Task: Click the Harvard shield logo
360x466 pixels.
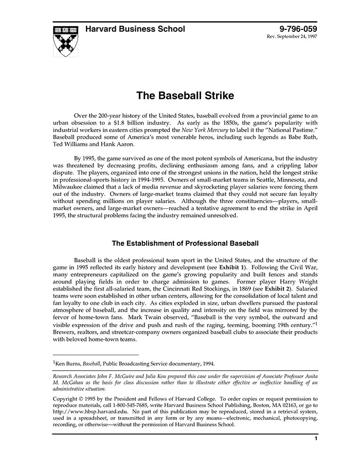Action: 66,41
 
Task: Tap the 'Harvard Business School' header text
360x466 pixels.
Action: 135,29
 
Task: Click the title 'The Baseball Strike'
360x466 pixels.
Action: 185,96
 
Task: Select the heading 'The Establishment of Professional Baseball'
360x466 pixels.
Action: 185,243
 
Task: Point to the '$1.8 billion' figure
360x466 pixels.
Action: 152,123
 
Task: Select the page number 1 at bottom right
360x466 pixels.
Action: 315,439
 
